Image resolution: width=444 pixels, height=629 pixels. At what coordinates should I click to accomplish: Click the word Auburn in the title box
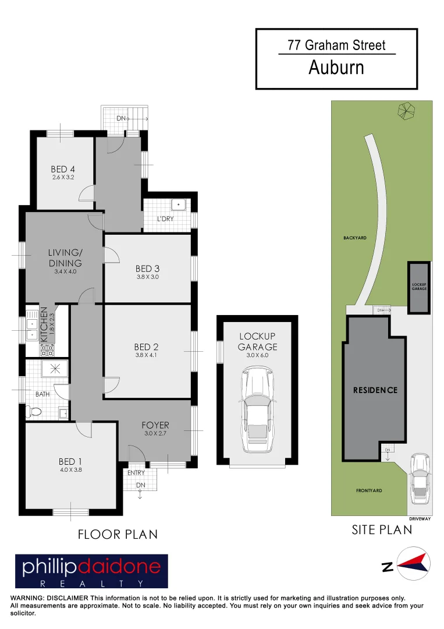[x=336, y=68]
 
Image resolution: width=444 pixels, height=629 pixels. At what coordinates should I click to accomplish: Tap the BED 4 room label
[x=63, y=169]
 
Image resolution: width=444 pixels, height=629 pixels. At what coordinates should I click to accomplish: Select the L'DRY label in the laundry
[x=166, y=219]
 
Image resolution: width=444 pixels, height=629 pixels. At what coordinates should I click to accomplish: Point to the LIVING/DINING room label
[x=65, y=258]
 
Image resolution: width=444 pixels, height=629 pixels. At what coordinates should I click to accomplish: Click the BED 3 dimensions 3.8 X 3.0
[x=147, y=277]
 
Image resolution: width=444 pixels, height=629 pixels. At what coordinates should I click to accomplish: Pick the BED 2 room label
[x=147, y=348]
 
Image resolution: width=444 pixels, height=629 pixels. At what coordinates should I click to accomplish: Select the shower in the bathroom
[x=55, y=369]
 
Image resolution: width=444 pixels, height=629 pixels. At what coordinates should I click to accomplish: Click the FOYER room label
[x=155, y=425]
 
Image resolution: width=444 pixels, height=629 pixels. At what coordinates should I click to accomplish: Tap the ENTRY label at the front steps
[x=136, y=473]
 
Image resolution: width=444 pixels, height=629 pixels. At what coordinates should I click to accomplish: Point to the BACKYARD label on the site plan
[x=354, y=238]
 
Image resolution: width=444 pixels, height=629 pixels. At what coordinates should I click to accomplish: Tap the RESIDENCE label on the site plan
[x=375, y=390]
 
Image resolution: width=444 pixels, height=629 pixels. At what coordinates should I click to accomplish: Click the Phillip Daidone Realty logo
[x=91, y=571]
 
